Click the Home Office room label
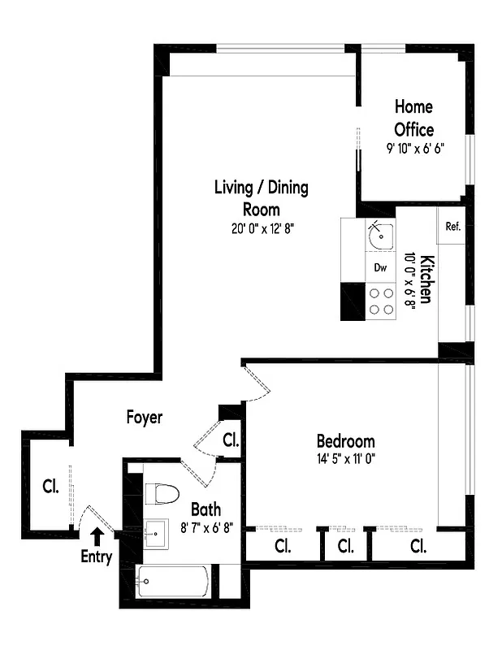[x=413, y=118]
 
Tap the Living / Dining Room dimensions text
[x=261, y=228]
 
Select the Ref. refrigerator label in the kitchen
[x=452, y=227]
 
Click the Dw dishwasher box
[x=380, y=266]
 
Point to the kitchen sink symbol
[x=379, y=236]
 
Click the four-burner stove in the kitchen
[x=381, y=301]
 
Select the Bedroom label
[x=345, y=441]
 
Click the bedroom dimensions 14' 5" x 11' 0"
[x=345, y=457]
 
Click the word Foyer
[x=145, y=418]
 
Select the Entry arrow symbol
[x=97, y=536]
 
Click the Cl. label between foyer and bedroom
[x=231, y=441]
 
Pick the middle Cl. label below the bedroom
[x=346, y=546]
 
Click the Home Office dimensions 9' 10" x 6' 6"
[x=414, y=149]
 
